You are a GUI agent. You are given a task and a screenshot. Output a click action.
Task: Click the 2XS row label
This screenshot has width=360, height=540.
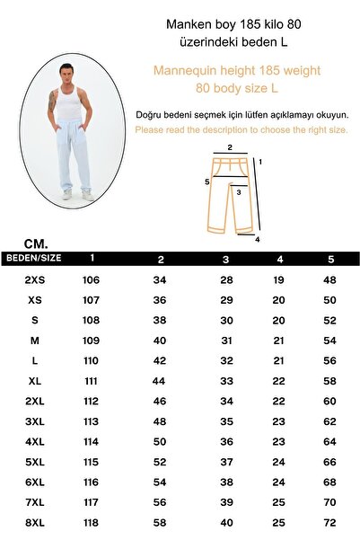click(35, 280)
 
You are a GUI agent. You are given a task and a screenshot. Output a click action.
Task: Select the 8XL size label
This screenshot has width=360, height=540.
click(35, 521)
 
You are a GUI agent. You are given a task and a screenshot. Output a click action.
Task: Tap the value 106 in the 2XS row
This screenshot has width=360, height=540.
click(92, 280)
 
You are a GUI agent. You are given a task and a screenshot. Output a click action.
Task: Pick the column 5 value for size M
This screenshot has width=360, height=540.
click(329, 341)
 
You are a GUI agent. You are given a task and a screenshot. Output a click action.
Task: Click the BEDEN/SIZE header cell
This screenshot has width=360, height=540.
click(33, 258)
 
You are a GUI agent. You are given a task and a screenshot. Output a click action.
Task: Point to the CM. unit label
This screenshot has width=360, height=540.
click(37, 243)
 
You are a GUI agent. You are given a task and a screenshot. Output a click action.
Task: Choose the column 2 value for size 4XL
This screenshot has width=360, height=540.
click(160, 441)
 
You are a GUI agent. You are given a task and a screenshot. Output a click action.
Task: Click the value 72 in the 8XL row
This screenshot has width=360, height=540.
click(329, 521)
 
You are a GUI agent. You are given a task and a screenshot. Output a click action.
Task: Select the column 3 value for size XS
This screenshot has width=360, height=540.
click(226, 300)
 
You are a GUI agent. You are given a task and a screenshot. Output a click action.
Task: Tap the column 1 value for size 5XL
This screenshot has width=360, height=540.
click(92, 461)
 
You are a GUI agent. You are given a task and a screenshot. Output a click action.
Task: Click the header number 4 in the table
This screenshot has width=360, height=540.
click(280, 260)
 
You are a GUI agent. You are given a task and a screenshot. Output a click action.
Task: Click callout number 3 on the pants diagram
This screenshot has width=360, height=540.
click(239, 190)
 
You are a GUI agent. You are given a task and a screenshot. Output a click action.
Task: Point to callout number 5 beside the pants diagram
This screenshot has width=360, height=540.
click(206, 181)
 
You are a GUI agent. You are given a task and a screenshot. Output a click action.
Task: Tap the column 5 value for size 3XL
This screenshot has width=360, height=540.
click(329, 420)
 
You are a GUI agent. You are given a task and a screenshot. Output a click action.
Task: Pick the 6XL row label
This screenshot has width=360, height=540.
click(35, 481)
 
